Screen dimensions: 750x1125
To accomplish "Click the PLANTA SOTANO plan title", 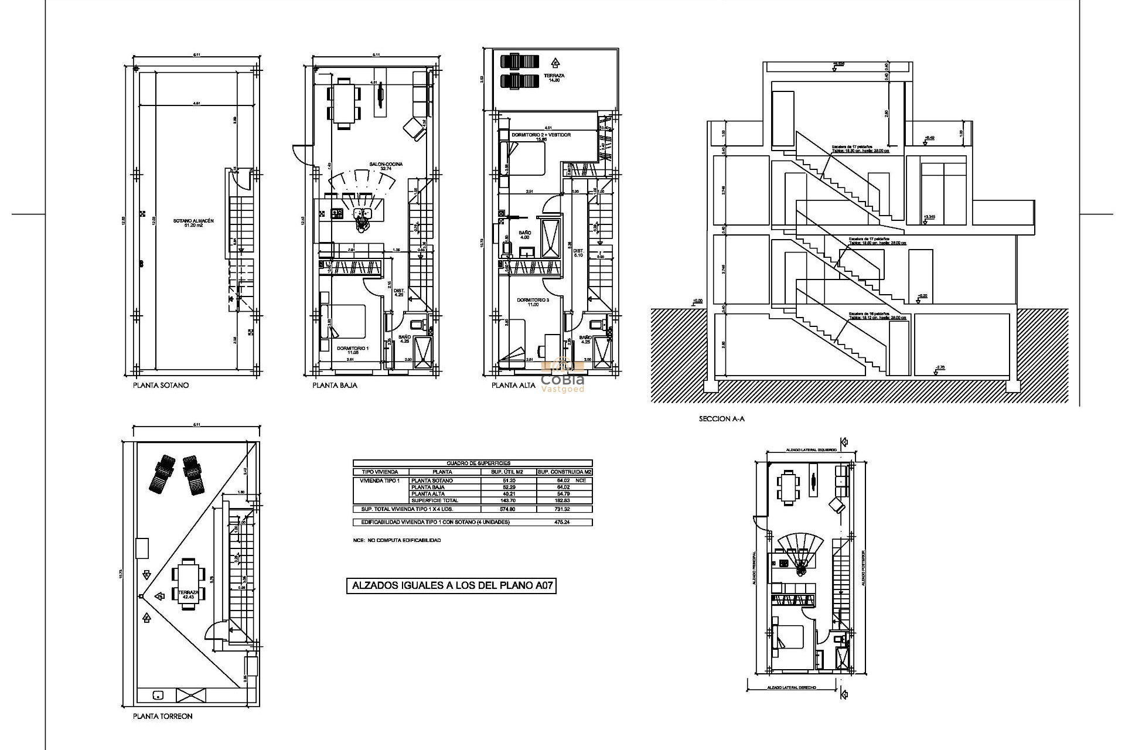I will (x=161, y=386).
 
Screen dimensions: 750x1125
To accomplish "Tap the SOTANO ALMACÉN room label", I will (x=193, y=223).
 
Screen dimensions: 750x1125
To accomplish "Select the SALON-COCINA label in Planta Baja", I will (x=386, y=166).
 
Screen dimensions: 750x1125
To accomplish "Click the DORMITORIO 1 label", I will (x=353, y=350).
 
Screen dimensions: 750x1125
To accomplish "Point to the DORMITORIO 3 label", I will (x=533, y=302).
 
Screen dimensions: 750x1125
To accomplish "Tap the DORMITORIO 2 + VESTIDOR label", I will (x=541, y=137).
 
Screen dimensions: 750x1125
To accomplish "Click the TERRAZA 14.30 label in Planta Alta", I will (x=554, y=77).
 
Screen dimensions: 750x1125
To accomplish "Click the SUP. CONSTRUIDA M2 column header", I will (x=564, y=472).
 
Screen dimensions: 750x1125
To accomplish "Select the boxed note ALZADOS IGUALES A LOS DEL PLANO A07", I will (x=451, y=585).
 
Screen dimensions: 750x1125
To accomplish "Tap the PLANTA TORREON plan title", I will (x=162, y=716).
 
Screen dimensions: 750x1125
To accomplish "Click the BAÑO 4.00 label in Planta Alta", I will (x=524, y=235).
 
